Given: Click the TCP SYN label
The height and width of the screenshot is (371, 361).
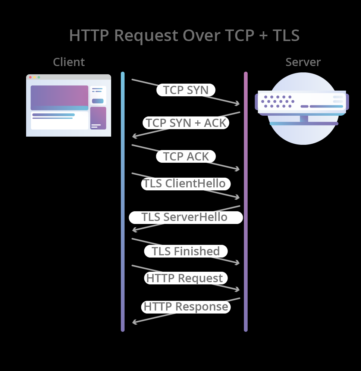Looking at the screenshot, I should coord(186,90).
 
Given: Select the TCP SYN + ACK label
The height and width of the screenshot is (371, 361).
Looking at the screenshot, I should coord(186,123).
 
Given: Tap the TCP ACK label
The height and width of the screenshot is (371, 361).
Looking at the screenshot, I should coord(186,156).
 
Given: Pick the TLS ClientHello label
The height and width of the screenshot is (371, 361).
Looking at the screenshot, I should coord(185,184).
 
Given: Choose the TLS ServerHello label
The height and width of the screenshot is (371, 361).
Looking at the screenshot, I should coord(185,217).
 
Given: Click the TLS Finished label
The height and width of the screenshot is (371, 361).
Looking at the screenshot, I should coord(186,251).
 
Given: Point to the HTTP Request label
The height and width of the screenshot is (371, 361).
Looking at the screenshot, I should coord(185,278).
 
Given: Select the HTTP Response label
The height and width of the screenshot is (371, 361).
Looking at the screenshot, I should coord(186,307).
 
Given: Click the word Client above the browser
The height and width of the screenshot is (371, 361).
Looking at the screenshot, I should coord(69,62).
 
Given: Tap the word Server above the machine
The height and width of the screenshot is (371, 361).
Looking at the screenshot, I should coord(303,62).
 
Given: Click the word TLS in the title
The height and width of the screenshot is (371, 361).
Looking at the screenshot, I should coord(286,35).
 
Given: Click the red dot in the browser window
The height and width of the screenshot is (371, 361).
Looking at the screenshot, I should coord(30,77).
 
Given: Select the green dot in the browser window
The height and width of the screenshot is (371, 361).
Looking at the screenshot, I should coord(39,77).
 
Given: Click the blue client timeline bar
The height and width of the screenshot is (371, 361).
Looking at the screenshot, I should coord(123,202).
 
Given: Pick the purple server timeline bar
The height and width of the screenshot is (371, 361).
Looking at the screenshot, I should coord(246,202).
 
